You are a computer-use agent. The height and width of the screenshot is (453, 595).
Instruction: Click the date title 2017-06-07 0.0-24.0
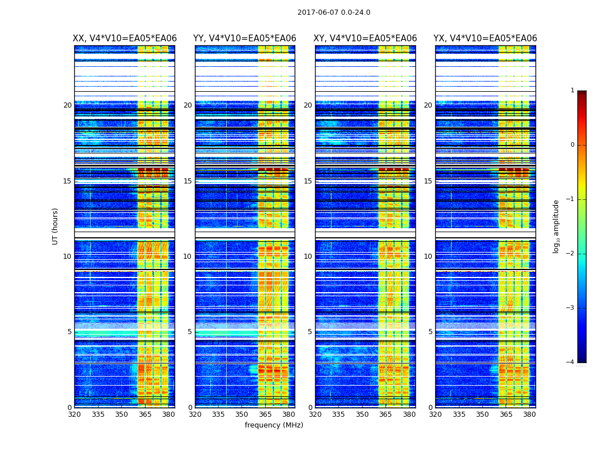pyautogui.click(x=334, y=12)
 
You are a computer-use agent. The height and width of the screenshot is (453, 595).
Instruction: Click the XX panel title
pyautogui.click(x=125, y=39)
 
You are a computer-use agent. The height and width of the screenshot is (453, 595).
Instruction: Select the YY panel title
pyautogui.click(x=245, y=39)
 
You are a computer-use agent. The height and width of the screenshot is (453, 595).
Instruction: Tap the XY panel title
pyautogui.click(x=365, y=39)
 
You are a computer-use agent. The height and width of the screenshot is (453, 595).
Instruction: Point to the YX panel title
pyautogui.click(x=485, y=39)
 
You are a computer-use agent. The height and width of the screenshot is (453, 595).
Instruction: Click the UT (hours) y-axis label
pyautogui.click(x=56, y=226)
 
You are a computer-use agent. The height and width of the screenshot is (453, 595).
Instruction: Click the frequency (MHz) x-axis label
pyautogui.click(x=274, y=425)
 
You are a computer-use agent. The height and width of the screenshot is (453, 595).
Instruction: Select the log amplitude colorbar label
pyautogui.click(x=556, y=226)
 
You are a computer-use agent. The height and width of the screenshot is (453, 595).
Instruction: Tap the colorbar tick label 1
pyautogui.click(x=572, y=91)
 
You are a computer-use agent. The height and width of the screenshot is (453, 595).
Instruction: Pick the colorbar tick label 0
pyautogui.click(x=572, y=145)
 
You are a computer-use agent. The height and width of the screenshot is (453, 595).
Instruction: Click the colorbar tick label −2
pyautogui.click(x=571, y=254)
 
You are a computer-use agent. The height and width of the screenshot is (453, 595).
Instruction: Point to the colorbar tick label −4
pyautogui.click(x=571, y=362)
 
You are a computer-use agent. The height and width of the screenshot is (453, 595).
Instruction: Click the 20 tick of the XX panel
pyautogui.click(x=67, y=105)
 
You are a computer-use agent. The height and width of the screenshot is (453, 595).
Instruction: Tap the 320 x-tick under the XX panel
pyautogui.click(x=74, y=414)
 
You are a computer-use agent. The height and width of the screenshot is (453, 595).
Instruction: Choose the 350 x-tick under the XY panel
pyautogui.click(x=362, y=414)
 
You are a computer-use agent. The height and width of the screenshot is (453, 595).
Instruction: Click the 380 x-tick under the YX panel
pyautogui.click(x=529, y=414)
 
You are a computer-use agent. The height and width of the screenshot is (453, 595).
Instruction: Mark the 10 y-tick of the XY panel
pyautogui.click(x=308, y=257)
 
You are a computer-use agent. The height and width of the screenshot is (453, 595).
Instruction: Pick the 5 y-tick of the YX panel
pyautogui.click(x=430, y=332)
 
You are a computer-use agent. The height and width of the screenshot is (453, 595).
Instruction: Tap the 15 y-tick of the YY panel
pyautogui.click(x=188, y=181)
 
